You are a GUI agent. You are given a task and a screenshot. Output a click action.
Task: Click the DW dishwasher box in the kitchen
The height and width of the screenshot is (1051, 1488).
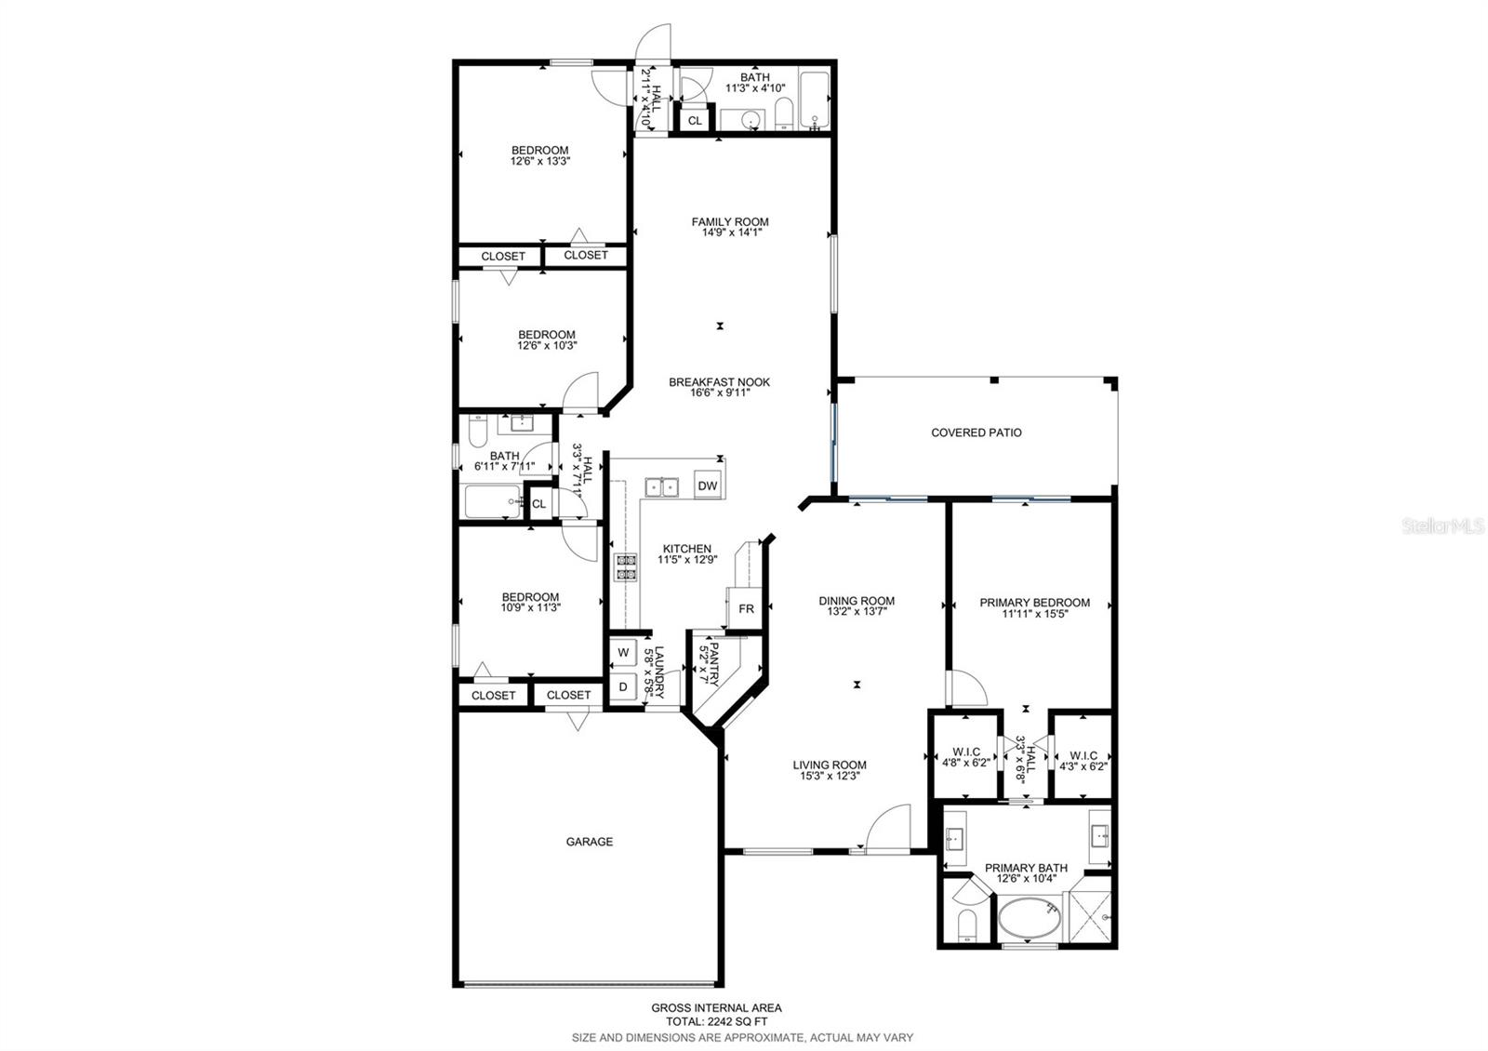[708, 486]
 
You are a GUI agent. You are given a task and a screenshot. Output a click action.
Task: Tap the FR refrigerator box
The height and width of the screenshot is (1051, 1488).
[746, 609]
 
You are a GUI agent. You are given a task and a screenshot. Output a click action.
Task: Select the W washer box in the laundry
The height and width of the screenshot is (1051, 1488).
[623, 652]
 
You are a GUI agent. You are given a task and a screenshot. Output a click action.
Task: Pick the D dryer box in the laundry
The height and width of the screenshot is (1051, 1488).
[623, 686]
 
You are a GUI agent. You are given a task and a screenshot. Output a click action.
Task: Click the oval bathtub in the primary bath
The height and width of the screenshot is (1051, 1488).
[1029, 919]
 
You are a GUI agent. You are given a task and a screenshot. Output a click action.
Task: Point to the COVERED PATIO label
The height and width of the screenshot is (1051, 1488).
[976, 432]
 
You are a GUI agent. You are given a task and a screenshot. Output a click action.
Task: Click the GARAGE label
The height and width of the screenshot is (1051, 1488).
[590, 842]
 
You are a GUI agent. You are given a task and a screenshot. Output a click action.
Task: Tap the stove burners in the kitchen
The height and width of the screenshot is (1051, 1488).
[625, 567]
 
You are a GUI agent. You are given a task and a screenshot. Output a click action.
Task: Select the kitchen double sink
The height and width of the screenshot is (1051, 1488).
[662, 486]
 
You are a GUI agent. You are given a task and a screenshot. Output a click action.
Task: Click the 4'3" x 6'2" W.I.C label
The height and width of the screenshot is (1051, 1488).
[1083, 762]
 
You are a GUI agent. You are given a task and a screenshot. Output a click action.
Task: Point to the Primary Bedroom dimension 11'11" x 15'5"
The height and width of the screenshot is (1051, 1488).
[1034, 614]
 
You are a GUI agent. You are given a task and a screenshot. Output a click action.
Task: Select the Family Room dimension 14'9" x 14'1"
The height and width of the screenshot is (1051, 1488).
[730, 233]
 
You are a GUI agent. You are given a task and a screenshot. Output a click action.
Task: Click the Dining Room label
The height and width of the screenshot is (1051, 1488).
[857, 601]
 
